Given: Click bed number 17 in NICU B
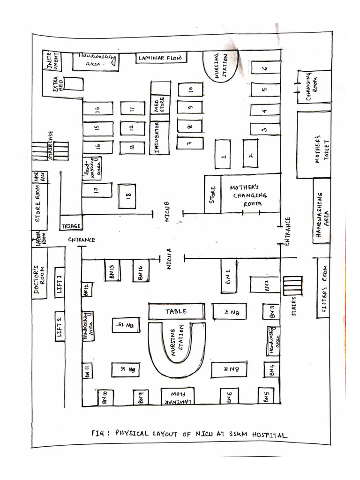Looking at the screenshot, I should tap(97, 190).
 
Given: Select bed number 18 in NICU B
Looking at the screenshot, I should tap(127, 196).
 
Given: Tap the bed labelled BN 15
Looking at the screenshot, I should tap(126, 325).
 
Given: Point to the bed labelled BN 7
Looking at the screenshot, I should tap(229, 311).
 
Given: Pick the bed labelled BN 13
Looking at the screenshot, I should tap(112, 270).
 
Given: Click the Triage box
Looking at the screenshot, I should tap(71, 226).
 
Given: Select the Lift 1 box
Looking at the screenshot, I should tap(60, 283).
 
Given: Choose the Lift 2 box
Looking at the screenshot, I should tap(60, 326).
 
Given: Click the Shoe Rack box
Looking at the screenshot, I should tap(37, 177).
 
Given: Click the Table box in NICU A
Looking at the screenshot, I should tap(177, 311).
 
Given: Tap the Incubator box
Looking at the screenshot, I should tap(161, 137).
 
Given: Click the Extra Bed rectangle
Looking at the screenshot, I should tap(74, 84).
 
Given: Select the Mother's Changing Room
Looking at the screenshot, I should tap(250, 195).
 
